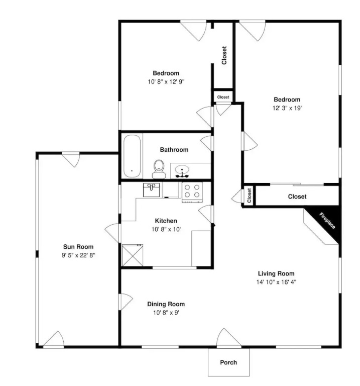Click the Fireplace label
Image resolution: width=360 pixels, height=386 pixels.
tap(327, 221)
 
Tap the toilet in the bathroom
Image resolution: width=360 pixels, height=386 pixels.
tap(159, 169)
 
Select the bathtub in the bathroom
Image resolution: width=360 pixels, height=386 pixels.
tap(132, 156)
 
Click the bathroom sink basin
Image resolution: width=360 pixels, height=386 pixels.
tap(182, 169)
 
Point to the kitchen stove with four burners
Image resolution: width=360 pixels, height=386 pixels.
tap(192, 192)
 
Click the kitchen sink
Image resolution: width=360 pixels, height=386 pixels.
tap(151, 190)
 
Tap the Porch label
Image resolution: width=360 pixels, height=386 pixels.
tap(228, 362)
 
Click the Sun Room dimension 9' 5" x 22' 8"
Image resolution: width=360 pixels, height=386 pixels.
tap(78, 255)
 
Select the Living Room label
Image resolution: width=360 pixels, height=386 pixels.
tap(276, 273)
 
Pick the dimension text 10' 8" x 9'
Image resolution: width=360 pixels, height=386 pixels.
tap(166, 313)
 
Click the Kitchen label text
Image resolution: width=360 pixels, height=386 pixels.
tap(166, 221)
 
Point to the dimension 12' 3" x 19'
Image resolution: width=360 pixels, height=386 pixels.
tap(287, 108)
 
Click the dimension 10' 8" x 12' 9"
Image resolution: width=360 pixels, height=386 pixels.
tap(166, 82)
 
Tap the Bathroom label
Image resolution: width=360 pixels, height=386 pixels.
tap(174, 150)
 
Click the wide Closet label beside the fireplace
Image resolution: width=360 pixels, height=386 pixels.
tap(297, 197)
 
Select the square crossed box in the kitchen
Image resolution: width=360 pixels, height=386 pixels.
tap(133, 255)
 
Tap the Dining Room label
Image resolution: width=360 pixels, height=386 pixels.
tap(166, 304)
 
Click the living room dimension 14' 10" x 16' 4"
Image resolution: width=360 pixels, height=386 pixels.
tap(276, 282)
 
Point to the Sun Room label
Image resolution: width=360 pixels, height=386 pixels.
tap(78, 247)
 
